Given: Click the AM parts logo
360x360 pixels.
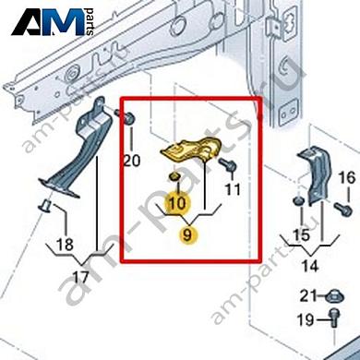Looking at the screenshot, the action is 53,21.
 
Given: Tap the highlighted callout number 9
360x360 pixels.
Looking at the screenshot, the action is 187,235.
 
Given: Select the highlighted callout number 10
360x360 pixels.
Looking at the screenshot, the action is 177,203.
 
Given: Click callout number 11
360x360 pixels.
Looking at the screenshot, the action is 233,189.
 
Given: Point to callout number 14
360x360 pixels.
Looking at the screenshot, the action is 310,265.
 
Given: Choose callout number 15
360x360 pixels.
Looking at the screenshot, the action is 301,235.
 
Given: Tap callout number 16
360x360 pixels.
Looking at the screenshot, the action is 347,178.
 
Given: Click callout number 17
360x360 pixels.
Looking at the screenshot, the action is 81,278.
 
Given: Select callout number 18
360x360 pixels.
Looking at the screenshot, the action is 65,245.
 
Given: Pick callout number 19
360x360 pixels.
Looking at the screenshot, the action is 306,320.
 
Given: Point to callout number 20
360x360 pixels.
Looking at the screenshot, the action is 132,161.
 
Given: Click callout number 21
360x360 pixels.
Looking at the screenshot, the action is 308,296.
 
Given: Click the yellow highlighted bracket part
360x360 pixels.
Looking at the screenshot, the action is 191,150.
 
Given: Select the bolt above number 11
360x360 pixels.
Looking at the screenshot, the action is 228,165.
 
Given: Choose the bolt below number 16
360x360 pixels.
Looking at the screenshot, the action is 342,210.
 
